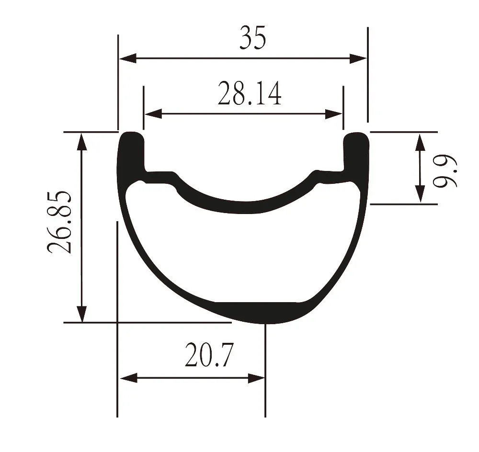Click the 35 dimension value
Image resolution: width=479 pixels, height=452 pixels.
tap(252, 39)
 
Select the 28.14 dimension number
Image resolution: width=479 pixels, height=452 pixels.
tap(249, 94)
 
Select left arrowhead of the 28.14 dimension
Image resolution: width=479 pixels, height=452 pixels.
tap(152, 114)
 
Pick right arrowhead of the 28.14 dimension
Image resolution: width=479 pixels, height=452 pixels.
tap(334, 114)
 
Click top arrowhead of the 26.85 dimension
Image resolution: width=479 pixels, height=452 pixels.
tap(82, 142)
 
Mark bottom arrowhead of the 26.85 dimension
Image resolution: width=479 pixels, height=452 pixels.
tap(82, 314)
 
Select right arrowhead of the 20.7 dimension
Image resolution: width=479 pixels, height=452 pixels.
tap(256, 378)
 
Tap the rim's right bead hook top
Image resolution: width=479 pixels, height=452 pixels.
tap(356, 137)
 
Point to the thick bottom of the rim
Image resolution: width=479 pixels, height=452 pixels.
tap(259, 313)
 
